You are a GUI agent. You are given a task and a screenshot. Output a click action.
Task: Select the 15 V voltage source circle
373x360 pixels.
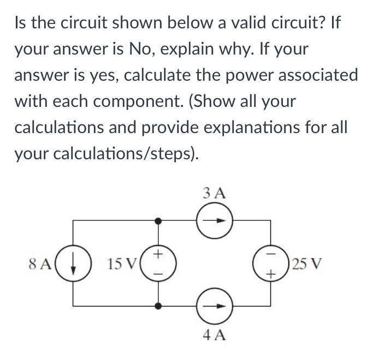point(158,264)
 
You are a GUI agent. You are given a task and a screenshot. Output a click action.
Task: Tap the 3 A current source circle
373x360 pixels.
point(215,221)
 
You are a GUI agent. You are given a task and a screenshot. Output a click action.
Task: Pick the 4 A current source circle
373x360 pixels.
point(215,307)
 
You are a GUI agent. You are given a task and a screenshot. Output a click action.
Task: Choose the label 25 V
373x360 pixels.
point(307,265)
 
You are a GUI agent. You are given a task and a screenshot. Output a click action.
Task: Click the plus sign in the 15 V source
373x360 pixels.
point(158,254)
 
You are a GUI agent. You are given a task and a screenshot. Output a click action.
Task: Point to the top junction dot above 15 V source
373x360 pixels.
point(158,221)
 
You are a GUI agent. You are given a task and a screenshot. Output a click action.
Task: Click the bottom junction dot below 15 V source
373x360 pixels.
point(158,307)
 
